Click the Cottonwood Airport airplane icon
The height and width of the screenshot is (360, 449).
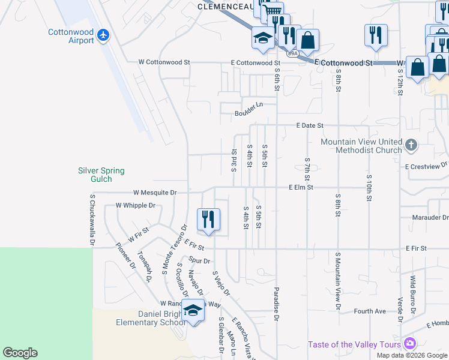pyautogui.click(x=103, y=35)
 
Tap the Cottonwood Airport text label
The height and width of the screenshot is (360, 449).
pyautogui.click(x=71, y=36)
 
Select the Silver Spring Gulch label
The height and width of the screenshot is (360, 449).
pyautogui.click(x=101, y=175)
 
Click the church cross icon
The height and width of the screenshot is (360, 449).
pyautogui.click(x=411, y=145)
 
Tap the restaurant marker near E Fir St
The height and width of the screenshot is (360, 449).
pyautogui.click(x=209, y=220)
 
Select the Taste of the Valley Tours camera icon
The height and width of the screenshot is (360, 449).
pyautogui.click(x=410, y=343)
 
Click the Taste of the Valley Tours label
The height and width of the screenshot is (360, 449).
pyautogui.click(x=355, y=344)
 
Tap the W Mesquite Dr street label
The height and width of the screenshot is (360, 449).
pyautogui.click(x=155, y=193)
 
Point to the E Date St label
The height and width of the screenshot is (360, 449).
pyautogui.click(x=309, y=125)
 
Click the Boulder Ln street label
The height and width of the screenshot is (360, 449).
pyautogui.click(x=249, y=104)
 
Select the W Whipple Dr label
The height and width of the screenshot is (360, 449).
pyautogui.click(x=136, y=205)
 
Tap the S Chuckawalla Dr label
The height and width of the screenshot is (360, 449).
pyautogui.click(x=92, y=220)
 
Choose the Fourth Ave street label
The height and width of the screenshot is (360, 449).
pyautogui.click(x=370, y=311)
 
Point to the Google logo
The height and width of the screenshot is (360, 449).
pyautogui.click(x=20, y=353)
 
